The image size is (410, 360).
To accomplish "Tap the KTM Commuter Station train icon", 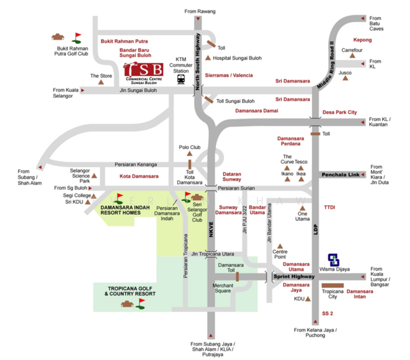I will click(181, 79).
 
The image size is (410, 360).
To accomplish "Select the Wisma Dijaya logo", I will click(334, 259).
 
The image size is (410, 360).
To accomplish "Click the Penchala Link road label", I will click(339, 175).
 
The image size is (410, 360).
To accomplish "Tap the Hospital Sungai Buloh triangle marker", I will click(208, 58).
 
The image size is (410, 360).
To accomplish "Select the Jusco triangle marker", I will click(345, 80).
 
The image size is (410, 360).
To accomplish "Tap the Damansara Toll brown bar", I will click(237, 276).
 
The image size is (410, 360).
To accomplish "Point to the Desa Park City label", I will click(339, 112).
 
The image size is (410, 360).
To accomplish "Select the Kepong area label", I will click(362, 40).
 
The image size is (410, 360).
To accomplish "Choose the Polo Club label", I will click(190, 147).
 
